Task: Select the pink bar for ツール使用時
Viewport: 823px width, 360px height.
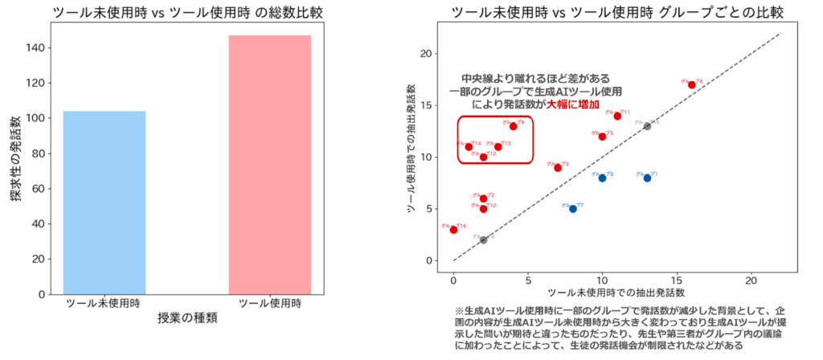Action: (269, 165)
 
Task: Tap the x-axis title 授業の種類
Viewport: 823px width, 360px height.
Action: (186, 318)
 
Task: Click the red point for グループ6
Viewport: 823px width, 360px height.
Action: (692, 84)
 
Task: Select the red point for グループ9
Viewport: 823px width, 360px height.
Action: (514, 126)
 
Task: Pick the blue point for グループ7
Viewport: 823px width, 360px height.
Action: (573, 208)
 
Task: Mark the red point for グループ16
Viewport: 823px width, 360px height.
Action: (454, 230)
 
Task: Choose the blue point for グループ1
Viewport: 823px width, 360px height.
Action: (647, 178)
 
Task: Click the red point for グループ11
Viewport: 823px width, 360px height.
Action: (617, 116)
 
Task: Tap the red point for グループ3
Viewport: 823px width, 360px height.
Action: (558, 167)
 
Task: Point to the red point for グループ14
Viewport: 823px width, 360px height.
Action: (469, 146)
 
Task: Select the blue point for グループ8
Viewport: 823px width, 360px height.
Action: (602, 178)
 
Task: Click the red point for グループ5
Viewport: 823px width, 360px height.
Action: (602, 136)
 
